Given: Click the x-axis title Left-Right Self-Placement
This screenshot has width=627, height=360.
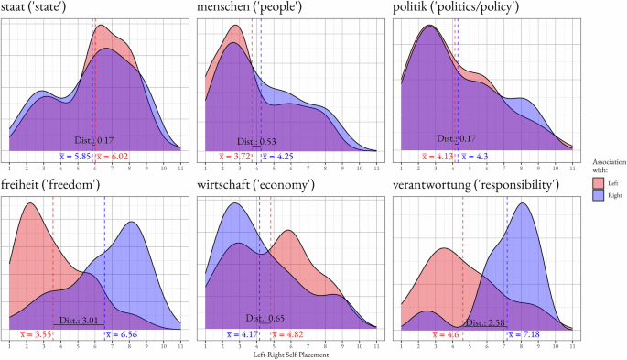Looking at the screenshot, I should coord(291,355).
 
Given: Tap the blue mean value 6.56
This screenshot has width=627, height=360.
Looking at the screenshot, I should coord(124,334).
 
